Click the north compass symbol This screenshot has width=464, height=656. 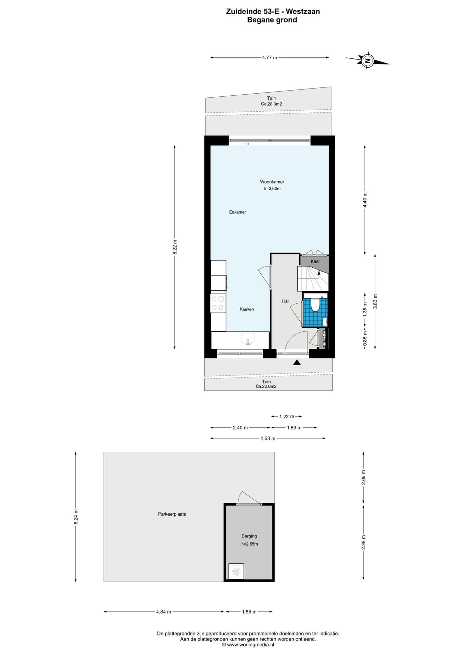coord(368,61)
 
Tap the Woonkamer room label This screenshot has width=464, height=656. coord(272,182)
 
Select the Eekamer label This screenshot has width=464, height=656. coord(237,212)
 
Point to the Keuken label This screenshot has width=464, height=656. coord(247,309)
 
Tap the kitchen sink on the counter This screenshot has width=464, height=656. coord(248,338)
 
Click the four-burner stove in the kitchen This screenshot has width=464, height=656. coord(218,303)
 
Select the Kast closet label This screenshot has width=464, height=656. coord(315,261)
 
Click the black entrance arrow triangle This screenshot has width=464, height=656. coord(297,362)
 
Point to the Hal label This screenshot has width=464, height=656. coord(285,301)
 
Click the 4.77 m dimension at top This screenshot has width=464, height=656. coord(270,57)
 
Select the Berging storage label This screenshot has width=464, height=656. coord(249,536)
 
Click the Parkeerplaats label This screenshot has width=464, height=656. coord(172,514)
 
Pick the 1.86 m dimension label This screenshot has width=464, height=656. coord(249,612)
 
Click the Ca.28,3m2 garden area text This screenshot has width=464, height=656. coord(271,104)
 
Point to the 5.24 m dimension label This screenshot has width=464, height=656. coord(76,517)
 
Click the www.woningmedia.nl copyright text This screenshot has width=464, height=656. coord(248,645)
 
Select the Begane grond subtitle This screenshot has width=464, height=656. coord(272,20)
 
